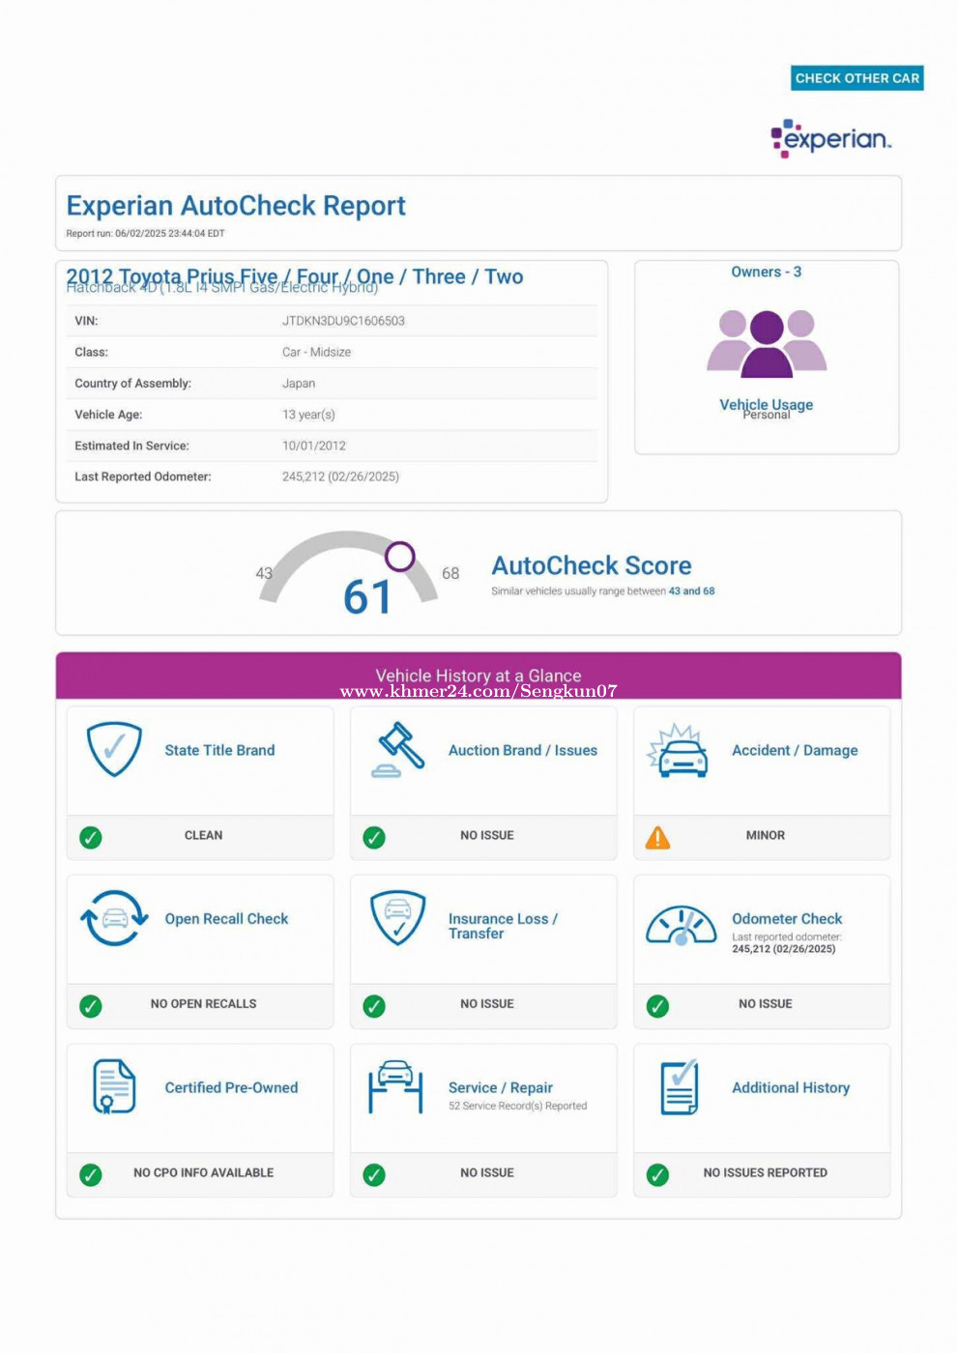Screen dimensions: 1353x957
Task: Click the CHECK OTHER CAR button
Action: (x=856, y=78)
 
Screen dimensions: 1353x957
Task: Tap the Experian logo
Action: (x=831, y=138)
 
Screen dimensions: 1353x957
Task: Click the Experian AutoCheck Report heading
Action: (x=236, y=206)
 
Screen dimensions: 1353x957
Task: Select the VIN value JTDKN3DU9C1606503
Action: (x=343, y=321)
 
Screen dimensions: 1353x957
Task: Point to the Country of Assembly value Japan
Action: (x=299, y=384)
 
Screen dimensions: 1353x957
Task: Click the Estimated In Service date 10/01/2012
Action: (x=313, y=446)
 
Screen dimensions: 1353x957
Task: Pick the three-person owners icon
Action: (x=767, y=343)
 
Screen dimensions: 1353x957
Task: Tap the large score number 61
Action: (x=367, y=596)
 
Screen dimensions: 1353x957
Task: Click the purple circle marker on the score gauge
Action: (x=400, y=556)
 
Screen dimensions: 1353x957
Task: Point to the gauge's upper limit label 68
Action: (x=450, y=573)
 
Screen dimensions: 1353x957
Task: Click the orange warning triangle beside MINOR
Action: (x=657, y=838)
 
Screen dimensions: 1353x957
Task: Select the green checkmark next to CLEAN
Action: (x=91, y=838)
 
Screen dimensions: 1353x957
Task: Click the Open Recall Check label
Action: (x=226, y=919)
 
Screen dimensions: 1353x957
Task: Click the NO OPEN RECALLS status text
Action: (x=203, y=1004)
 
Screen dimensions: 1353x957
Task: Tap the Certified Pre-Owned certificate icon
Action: (x=113, y=1086)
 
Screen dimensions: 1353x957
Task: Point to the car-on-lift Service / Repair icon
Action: (x=395, y=1087)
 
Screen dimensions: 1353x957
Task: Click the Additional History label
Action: (x=791, y=1088)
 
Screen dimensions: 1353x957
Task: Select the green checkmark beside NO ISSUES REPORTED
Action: (x=657, y=1175)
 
